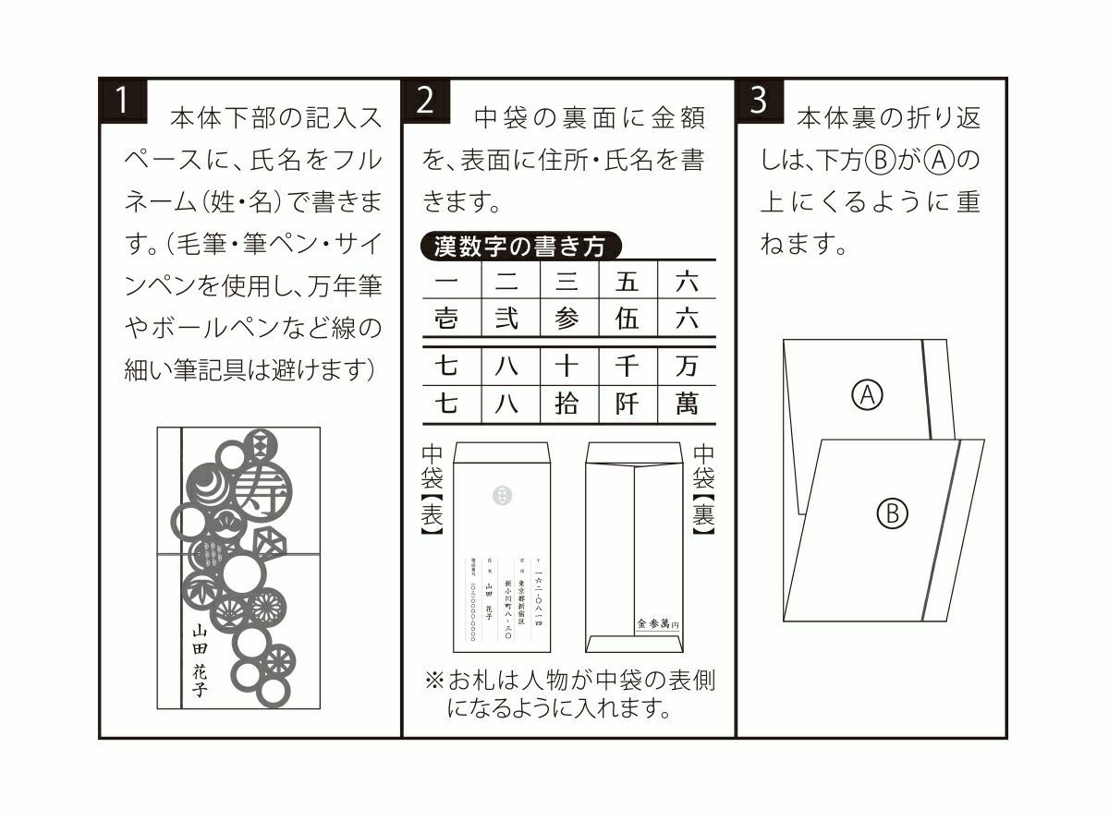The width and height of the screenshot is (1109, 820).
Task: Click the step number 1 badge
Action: click(122, 101)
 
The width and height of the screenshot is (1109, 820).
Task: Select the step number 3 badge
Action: click(759, 101)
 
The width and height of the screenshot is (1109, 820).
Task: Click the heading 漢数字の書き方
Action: click(520, 247)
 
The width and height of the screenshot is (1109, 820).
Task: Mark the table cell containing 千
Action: click(628, 367)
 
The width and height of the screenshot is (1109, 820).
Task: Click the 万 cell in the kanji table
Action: click(687, 367)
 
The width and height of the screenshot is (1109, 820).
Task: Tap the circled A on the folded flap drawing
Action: click(866, 395)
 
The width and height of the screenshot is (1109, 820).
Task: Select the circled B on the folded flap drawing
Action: click(892, 513)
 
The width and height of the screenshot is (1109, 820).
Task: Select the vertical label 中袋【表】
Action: click(433, 489)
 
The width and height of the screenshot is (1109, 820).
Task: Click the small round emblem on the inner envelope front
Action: click(501, 496)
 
